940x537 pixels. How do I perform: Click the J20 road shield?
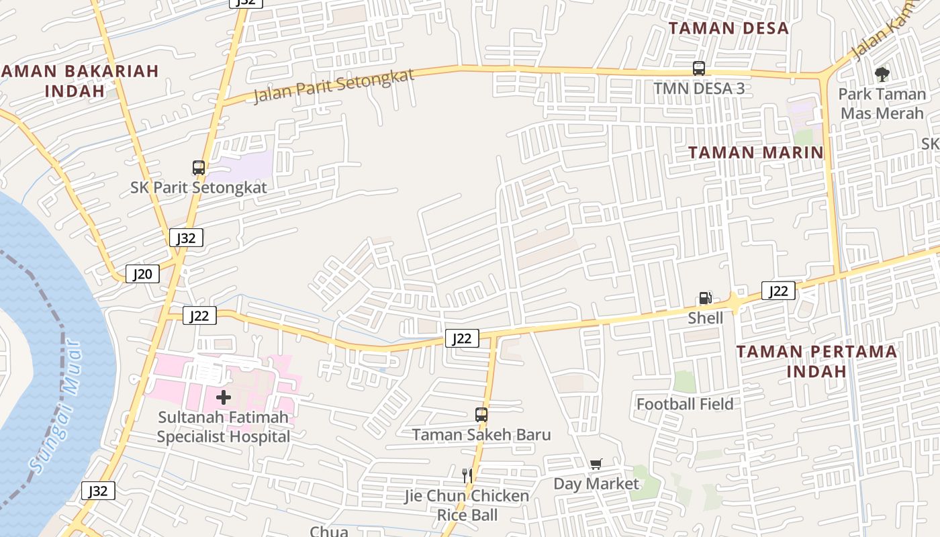(142, 274)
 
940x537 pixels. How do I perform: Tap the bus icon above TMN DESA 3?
(699, 68)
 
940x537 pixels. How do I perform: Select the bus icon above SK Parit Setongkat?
(198, 167)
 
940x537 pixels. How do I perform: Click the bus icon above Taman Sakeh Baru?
(481, 414)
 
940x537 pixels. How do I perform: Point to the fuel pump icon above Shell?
(705, 298)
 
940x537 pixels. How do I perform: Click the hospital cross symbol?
(224, 397)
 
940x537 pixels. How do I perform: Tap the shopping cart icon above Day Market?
(596, 464)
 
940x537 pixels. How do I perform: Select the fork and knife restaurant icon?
(467, 476)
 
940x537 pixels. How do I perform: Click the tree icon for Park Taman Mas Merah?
(882, 75)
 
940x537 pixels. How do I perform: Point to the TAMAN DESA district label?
(728, 28)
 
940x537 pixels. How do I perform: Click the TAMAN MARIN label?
(756, 152)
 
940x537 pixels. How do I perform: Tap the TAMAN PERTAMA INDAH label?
(816, 361)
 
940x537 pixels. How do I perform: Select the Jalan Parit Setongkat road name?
(334, 86)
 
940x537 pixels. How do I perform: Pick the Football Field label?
(685, 404)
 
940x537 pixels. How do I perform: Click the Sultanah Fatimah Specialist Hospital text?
(224, 427)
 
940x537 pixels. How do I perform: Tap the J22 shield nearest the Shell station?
(778, 291)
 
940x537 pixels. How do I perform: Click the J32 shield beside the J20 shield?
(186, 238)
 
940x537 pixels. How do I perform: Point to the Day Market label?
(596, 484)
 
